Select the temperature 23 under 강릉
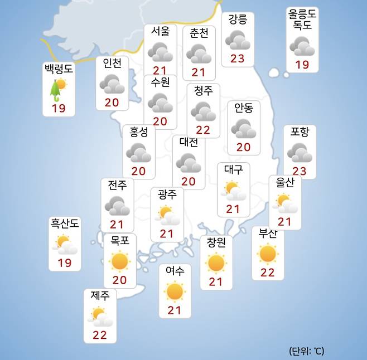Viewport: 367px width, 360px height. coord(237,58)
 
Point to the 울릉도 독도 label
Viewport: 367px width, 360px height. coord(302,20)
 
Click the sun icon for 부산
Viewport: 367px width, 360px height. coord(268,254)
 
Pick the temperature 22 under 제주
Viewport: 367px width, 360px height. coord(99,335)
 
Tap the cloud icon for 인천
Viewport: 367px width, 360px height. coord(112,85)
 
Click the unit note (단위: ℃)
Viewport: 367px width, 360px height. coord(306,351)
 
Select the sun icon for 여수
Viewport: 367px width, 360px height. coord(175,291)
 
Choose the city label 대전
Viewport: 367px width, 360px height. coord(189,142)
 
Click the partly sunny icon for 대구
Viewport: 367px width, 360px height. coord(233,191)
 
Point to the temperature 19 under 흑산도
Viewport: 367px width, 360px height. coord(65,262)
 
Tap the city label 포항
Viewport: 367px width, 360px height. coord(303,132)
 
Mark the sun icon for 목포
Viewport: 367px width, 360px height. coord(119,260)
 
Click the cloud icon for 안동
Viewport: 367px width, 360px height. coord(244,129)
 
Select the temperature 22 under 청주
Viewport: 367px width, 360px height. coord(203,129)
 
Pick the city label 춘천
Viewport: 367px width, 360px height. coord(199,33)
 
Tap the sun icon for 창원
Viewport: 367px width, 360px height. coord(216,262)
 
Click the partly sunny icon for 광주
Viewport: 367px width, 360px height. coord(167,215)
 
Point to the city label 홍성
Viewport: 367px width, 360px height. coord(139,132)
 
